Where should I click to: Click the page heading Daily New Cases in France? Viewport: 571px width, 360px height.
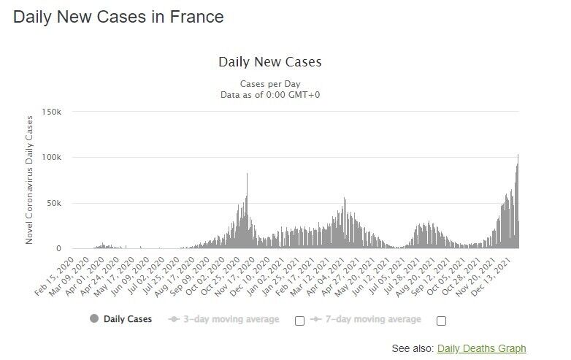[x=118, y=17]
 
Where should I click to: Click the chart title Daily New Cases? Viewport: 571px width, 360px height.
[x=269, y=62]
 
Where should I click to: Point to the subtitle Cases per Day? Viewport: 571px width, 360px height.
[x=269, y=83]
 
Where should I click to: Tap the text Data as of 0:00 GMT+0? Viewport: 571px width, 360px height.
[x=269, y=94]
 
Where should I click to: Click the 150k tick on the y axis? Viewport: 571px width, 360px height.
[x=52, y=112]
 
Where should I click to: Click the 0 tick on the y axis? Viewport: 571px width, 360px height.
[x=61, y=249]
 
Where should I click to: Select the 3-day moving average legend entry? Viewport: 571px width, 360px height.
[x=225, y=319]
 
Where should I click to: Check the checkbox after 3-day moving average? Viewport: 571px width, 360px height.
[x=299, y=321]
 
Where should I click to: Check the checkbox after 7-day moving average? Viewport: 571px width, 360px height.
[x=441, y=321]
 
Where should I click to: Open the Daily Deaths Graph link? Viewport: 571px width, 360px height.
[x=481, y=348]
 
